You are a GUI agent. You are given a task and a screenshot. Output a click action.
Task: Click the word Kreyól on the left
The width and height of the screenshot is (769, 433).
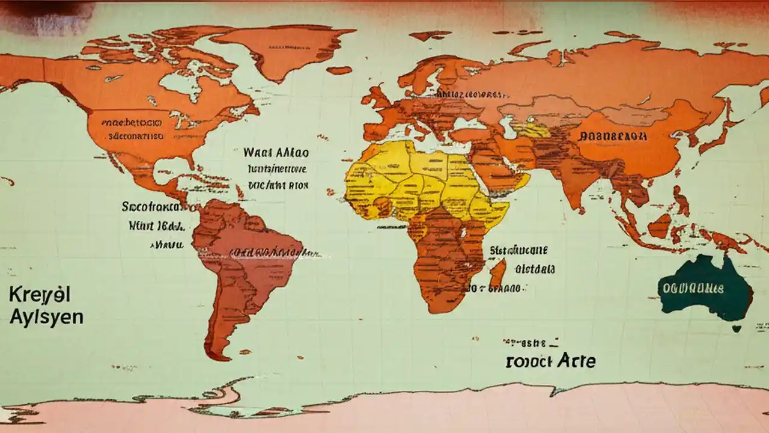[x=40, y=295]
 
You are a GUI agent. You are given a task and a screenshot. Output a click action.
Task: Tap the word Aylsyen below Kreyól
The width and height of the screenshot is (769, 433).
[x=46, y=318]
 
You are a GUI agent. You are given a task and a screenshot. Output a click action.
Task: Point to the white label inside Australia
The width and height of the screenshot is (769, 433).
[x=693, y=288]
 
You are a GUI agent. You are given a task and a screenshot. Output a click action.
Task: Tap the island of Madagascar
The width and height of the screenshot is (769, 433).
[x=498, y=273]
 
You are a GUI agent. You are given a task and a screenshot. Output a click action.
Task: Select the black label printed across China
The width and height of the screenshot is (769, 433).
[x=613, y=137]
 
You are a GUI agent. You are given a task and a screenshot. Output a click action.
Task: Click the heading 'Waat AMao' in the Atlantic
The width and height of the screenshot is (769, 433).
[x=276, y=152]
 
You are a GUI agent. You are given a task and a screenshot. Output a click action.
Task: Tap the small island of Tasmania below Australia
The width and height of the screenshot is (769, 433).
[x=737, y=328]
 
